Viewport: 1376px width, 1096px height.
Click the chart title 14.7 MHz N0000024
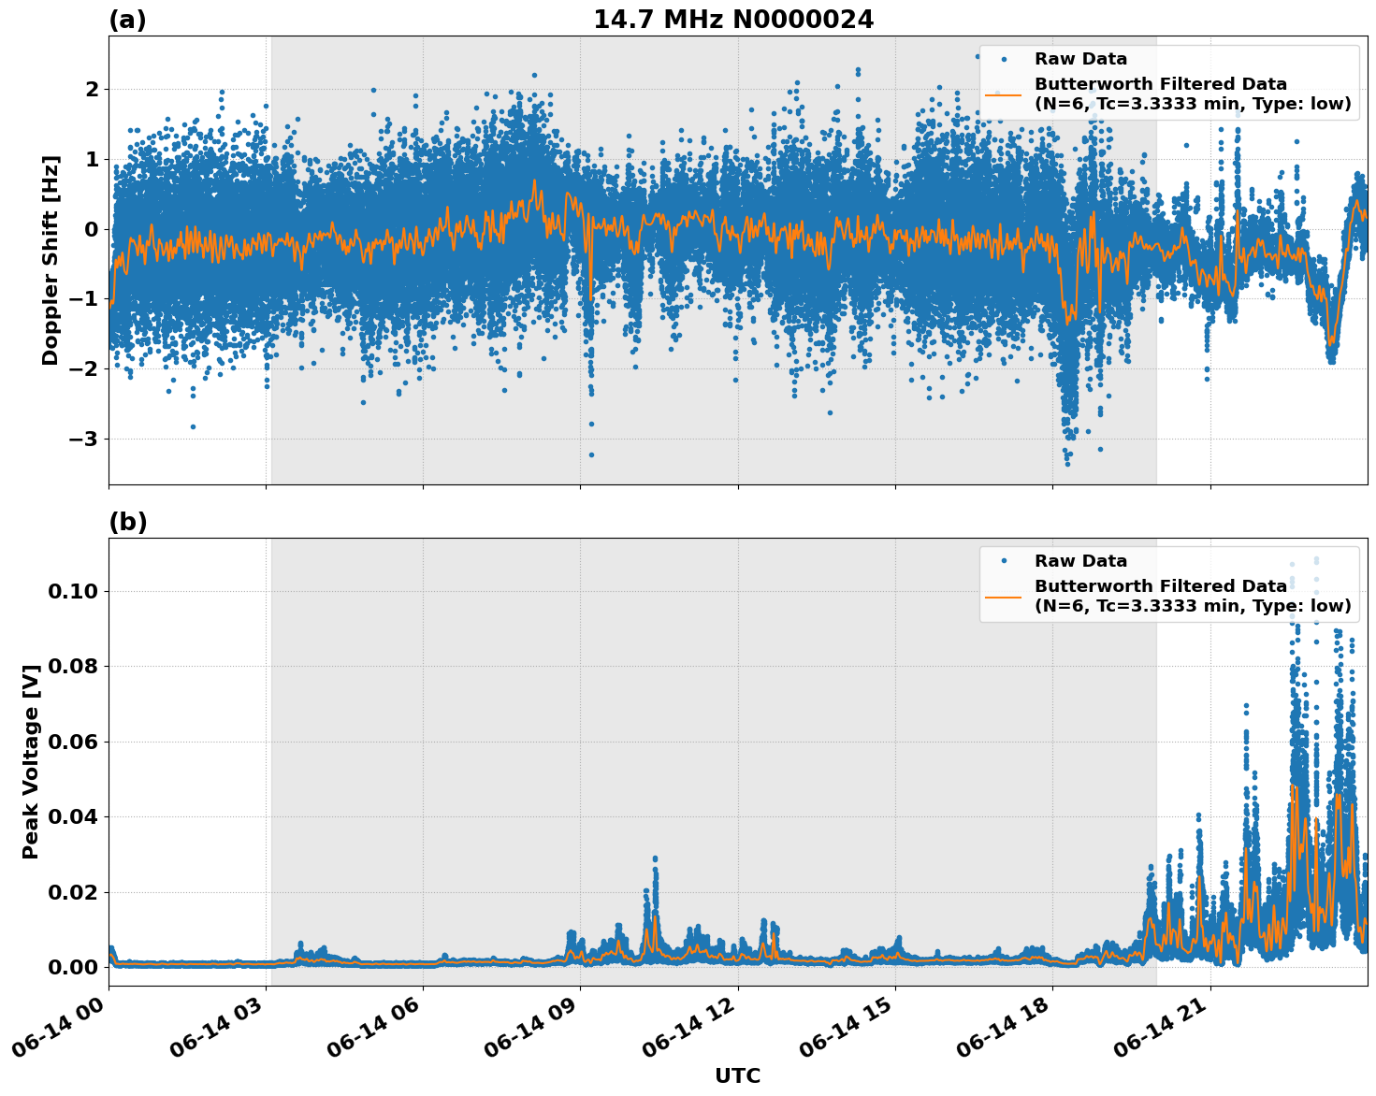[733, 20]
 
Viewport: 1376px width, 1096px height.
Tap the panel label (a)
[127, 20]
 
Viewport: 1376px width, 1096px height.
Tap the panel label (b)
[127, 522]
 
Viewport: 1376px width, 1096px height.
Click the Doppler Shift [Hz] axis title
[51, 260]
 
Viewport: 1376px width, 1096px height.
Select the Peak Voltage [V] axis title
[31, 762]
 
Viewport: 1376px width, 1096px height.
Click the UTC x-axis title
[737, 1075]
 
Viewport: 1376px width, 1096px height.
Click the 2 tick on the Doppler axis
[93, 89]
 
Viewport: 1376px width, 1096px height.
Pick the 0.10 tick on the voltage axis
[73, 591]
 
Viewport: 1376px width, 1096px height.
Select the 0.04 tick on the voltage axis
[73, 816]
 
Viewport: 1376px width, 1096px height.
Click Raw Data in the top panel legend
[1080, 59]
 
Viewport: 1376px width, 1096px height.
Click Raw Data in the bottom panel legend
[1080, 561]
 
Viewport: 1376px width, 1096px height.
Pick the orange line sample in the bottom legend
[1004, 596]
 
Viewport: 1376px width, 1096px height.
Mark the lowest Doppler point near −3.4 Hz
[1067, 463]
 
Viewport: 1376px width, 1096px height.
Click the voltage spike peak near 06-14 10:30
[655, 858]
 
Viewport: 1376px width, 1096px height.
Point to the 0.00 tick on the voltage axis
[73, 967]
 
